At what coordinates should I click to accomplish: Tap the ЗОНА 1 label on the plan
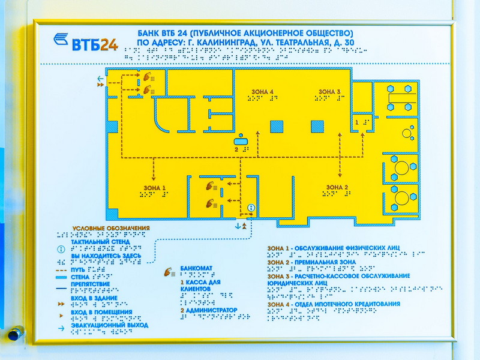(x=155, y=188)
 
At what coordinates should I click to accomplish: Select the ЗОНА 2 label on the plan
(x=337, y=188)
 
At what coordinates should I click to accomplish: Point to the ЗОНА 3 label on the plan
(x=330, y=91)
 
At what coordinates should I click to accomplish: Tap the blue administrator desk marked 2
(x=241, y=142)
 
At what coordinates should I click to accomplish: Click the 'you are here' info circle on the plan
(x=251, y=208)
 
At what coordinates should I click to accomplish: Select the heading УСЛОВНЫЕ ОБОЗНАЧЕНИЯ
(x=111, y=228)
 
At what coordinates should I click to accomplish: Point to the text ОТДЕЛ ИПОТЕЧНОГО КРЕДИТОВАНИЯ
(x=346, y=304)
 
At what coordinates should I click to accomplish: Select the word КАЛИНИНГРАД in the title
(x=222, y=43)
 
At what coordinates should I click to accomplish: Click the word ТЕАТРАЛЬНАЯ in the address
(x=296, y=43)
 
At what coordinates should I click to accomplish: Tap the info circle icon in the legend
(x=61, y=248)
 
